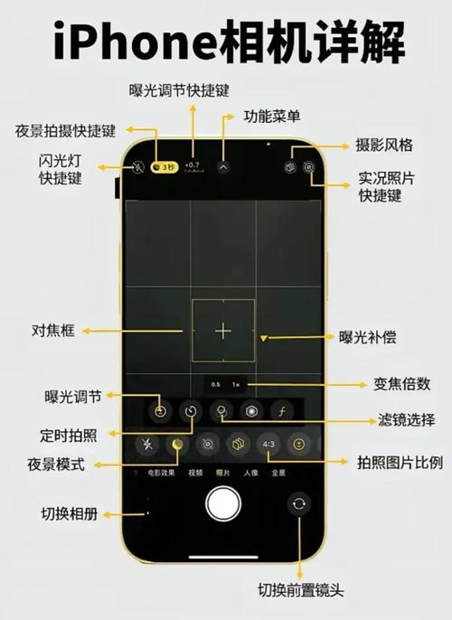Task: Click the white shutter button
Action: point(222,503)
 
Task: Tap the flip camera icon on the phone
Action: point(298,504)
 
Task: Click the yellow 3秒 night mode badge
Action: point(164,167)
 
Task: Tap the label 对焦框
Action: point(52,331)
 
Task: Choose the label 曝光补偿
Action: point(367,337)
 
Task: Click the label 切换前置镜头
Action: point(301,591)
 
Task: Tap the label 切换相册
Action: point(70,514)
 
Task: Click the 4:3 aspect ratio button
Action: point(268,445)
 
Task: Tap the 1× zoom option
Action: point(234,384)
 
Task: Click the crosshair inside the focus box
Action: point(223,331)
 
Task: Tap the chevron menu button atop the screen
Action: point(224,167)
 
